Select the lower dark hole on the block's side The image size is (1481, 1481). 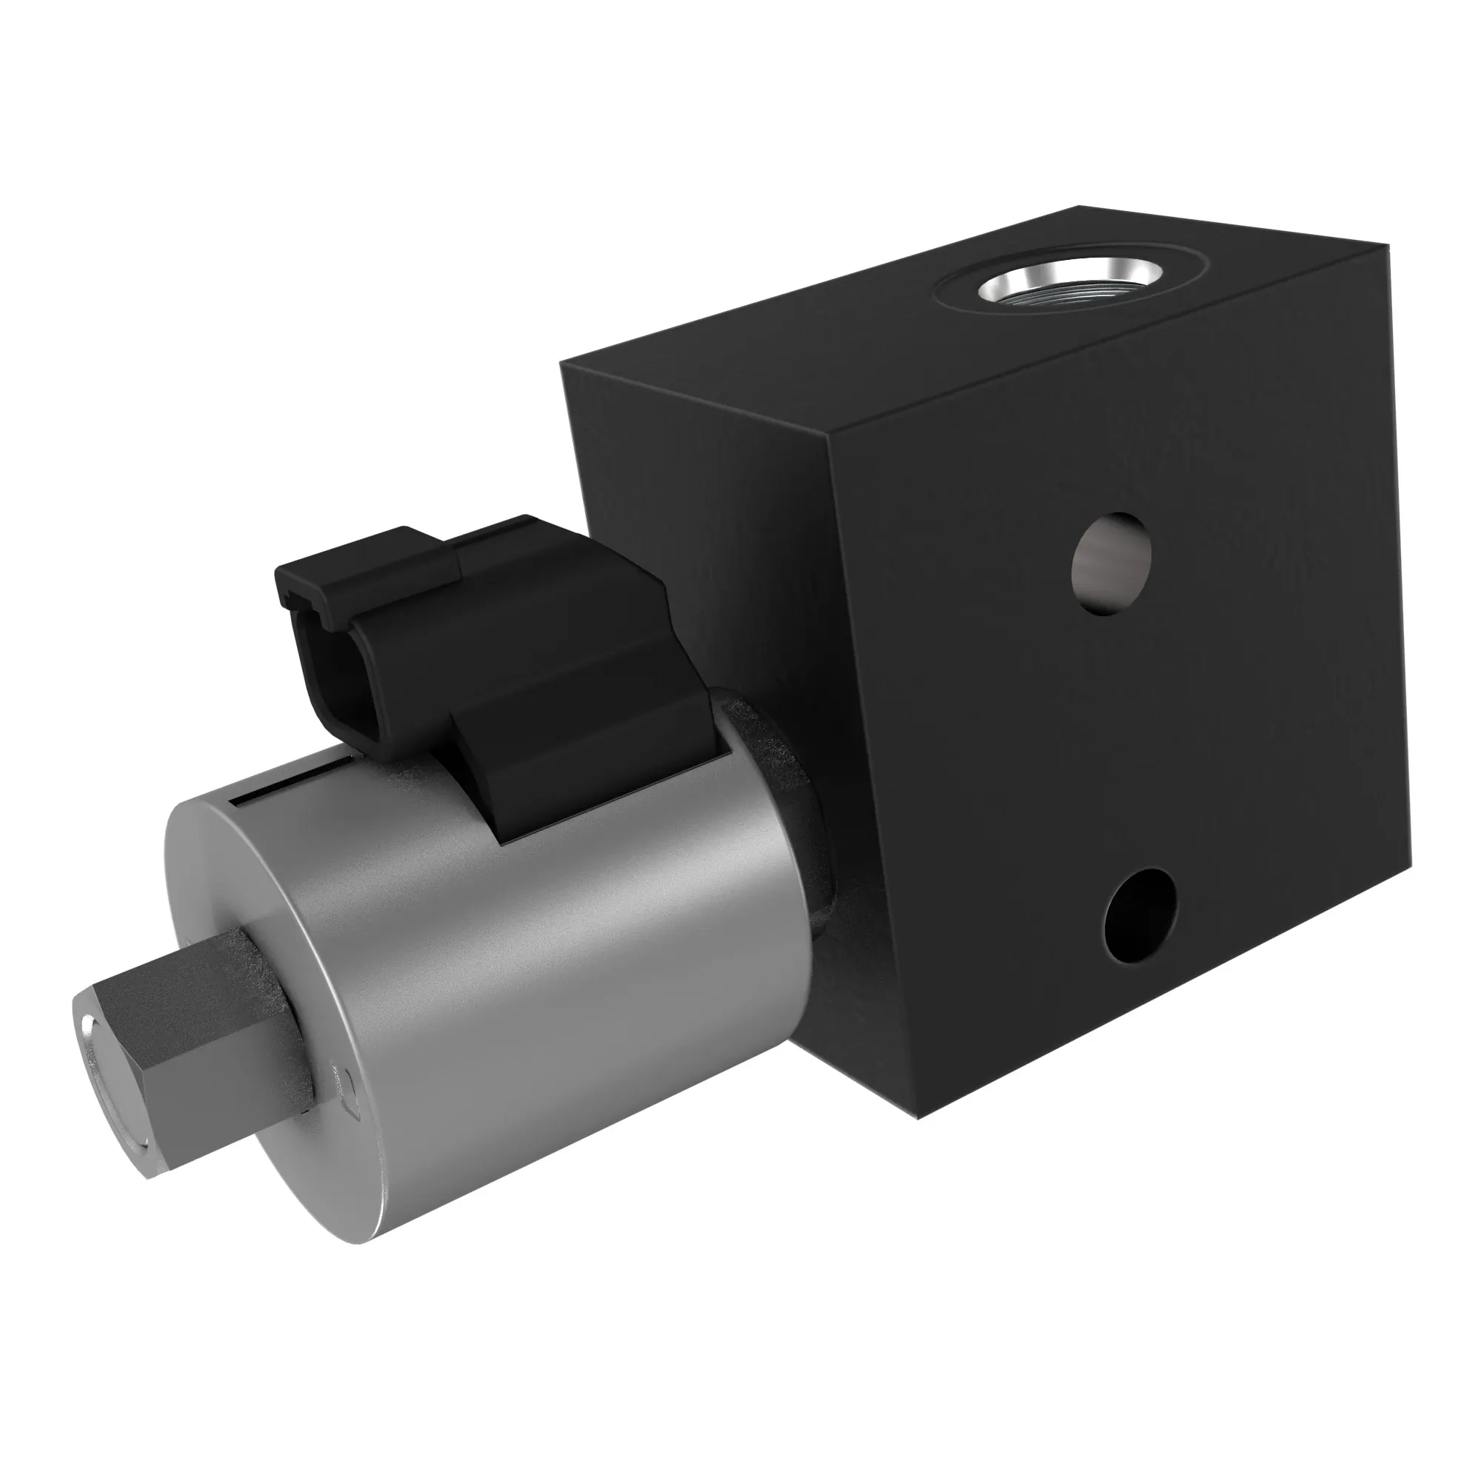coord(1140,915)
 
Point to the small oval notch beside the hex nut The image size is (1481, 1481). coord(350,1088)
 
